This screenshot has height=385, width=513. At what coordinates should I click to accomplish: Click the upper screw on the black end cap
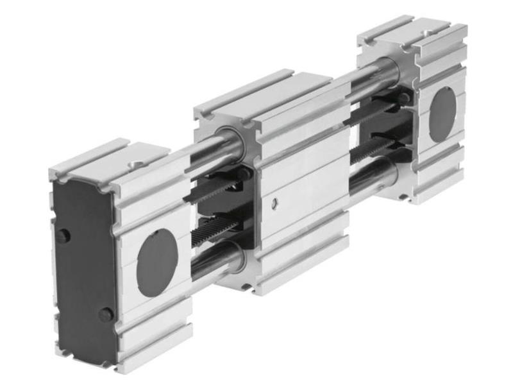pyautogui.click(x=62, y=235)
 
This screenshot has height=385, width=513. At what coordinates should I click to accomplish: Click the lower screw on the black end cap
pyautogui.click(x=106, y=314)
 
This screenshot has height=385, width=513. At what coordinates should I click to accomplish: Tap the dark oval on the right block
pyautogui.click(x=442, y=114)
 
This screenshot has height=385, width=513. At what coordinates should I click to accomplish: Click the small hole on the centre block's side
pyautogui.click(x=274, y=203)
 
